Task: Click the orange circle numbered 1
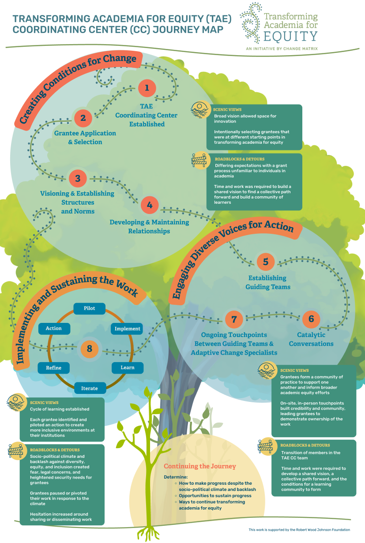[x=147, y=87]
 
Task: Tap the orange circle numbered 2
[x=83, y=117]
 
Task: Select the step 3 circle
[x=78, y=178]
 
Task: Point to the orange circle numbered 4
[x=150, y=205]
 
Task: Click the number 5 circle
[x=266, y=262]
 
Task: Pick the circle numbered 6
[x=311, y=318]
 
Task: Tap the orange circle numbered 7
[x=234, y=318]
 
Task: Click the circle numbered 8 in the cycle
[x=89, y=349]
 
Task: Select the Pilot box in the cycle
[x=89, y=308]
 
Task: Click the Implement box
[x=127, y=329]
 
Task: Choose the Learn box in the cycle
[x=127, y=367]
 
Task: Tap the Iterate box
[x=89, y=388]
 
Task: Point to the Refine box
[x=54, y=367]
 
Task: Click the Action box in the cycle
[x=54, y=328]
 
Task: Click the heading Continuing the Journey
[x=200, y=466]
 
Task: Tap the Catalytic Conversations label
[x=311, y=339]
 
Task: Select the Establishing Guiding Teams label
[x=267, y=282]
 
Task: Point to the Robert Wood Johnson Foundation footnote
[x=299, y=529]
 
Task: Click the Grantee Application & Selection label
[x=85, y=137]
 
